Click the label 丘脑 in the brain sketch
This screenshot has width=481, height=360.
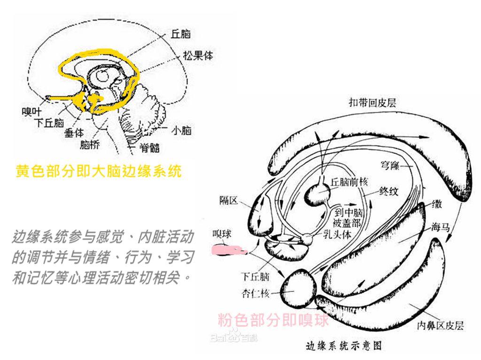click(x=181, y=34)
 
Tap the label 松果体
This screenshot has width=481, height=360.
click(x=198, y=55)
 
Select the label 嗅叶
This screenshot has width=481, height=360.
click(x=31, y=111)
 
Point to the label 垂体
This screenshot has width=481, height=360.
click(x=74, y=132)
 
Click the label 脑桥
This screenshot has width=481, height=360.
click(x=90, y=144)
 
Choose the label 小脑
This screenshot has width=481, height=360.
click(x=181, y=130)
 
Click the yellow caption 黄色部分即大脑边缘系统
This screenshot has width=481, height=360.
click(x=99, y=171)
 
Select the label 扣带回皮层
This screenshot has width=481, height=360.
click(x=372, y=102)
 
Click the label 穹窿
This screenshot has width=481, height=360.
click(x=390, y=166)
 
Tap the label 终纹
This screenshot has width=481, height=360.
click(x=388, y=191)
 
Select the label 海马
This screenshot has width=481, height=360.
click(x=441, y=227)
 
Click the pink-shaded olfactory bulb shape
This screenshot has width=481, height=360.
click(x=229, y=250)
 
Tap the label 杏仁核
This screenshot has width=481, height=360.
click(x=256, y=293)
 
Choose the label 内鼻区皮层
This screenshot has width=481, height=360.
click(x=440, y=325)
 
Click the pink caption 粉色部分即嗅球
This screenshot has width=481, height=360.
click(x=273, y=320)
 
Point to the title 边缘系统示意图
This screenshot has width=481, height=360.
click(x=344, y=346)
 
